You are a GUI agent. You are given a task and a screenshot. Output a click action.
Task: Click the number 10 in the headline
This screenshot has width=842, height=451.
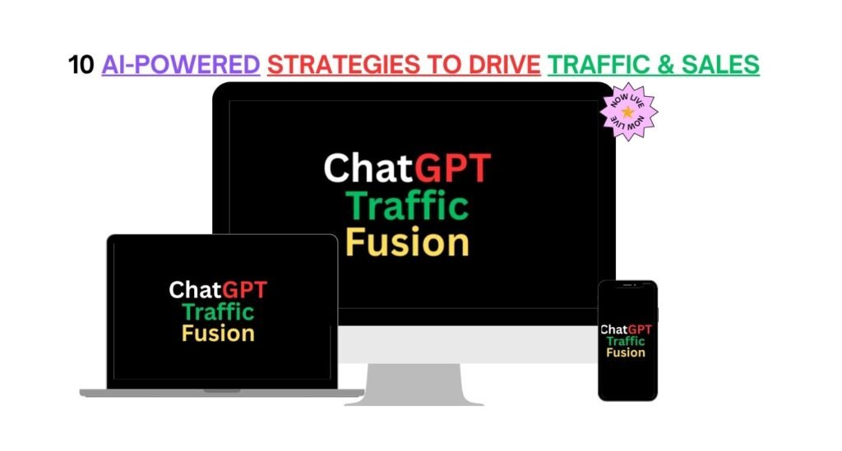[x=81, y=65]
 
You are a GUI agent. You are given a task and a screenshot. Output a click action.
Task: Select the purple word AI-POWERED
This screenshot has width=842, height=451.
[x=181, y=65]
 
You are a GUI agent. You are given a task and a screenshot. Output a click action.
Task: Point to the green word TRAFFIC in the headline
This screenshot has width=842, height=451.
[x=605, y=65]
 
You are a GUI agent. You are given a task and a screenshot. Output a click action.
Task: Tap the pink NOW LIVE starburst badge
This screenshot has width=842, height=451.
[x=630, y=111]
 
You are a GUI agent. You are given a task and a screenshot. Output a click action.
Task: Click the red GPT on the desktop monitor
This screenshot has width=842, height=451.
[x=452, y=168]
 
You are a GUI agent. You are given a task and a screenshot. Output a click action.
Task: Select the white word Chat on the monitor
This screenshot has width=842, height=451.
[x=368, y=168]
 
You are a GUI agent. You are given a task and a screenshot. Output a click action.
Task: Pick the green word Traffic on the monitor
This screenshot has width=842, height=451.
[x=407, y=205]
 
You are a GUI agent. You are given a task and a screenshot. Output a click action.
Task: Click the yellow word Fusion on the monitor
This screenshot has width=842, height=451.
[x=407, y=242]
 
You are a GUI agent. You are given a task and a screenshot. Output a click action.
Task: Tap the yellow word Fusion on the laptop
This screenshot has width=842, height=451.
[x=218, y=334]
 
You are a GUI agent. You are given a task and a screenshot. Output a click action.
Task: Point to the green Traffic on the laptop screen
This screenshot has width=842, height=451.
[x=218, y=312]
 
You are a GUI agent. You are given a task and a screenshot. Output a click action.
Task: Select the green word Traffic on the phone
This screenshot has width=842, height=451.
[x=627, y=341]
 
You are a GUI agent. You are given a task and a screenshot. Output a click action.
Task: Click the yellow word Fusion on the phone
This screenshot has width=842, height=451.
[x=627, y=352]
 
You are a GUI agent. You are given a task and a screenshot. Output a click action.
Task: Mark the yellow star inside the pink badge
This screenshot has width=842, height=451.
[x=629, y=111]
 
